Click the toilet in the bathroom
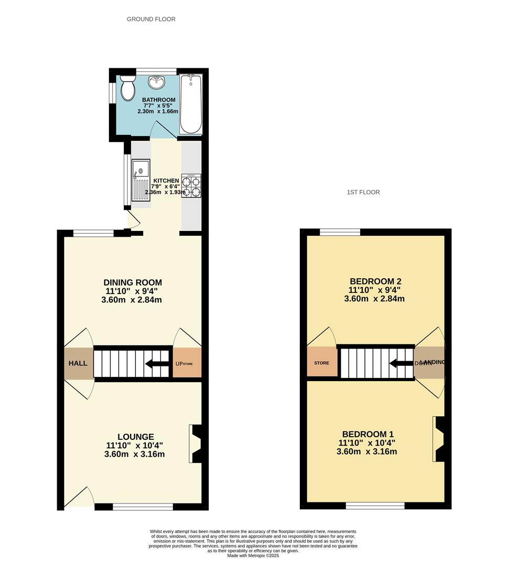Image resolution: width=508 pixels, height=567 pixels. (127, 88)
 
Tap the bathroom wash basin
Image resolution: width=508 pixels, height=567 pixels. (156, 82)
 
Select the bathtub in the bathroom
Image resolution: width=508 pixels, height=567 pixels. (190, 103)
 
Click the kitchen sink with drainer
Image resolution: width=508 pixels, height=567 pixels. (140, 180)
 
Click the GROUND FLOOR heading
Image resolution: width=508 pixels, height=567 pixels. (151, 19)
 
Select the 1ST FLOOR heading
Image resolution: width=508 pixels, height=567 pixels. (363, 192)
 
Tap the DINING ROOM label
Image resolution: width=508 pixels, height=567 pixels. (133, 282)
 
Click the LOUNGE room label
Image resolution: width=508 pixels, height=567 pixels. (135, 437)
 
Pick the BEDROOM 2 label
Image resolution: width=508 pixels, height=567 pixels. (374, 281)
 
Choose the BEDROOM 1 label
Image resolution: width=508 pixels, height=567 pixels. (368, 434)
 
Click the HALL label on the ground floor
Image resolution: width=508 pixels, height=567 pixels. (78, 363)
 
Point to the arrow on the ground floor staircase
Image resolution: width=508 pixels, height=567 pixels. (155, 363)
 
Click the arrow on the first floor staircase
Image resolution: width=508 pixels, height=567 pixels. (399, 363)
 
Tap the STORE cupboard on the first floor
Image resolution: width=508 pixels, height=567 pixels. (321, 362)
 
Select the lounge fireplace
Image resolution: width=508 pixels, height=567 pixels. (197, 444)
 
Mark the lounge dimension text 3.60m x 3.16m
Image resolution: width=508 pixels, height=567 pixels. (135, 454)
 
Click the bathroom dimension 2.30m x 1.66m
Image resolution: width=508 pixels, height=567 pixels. (158, 111)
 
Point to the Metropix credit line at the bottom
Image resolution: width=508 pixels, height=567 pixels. (253, 555)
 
